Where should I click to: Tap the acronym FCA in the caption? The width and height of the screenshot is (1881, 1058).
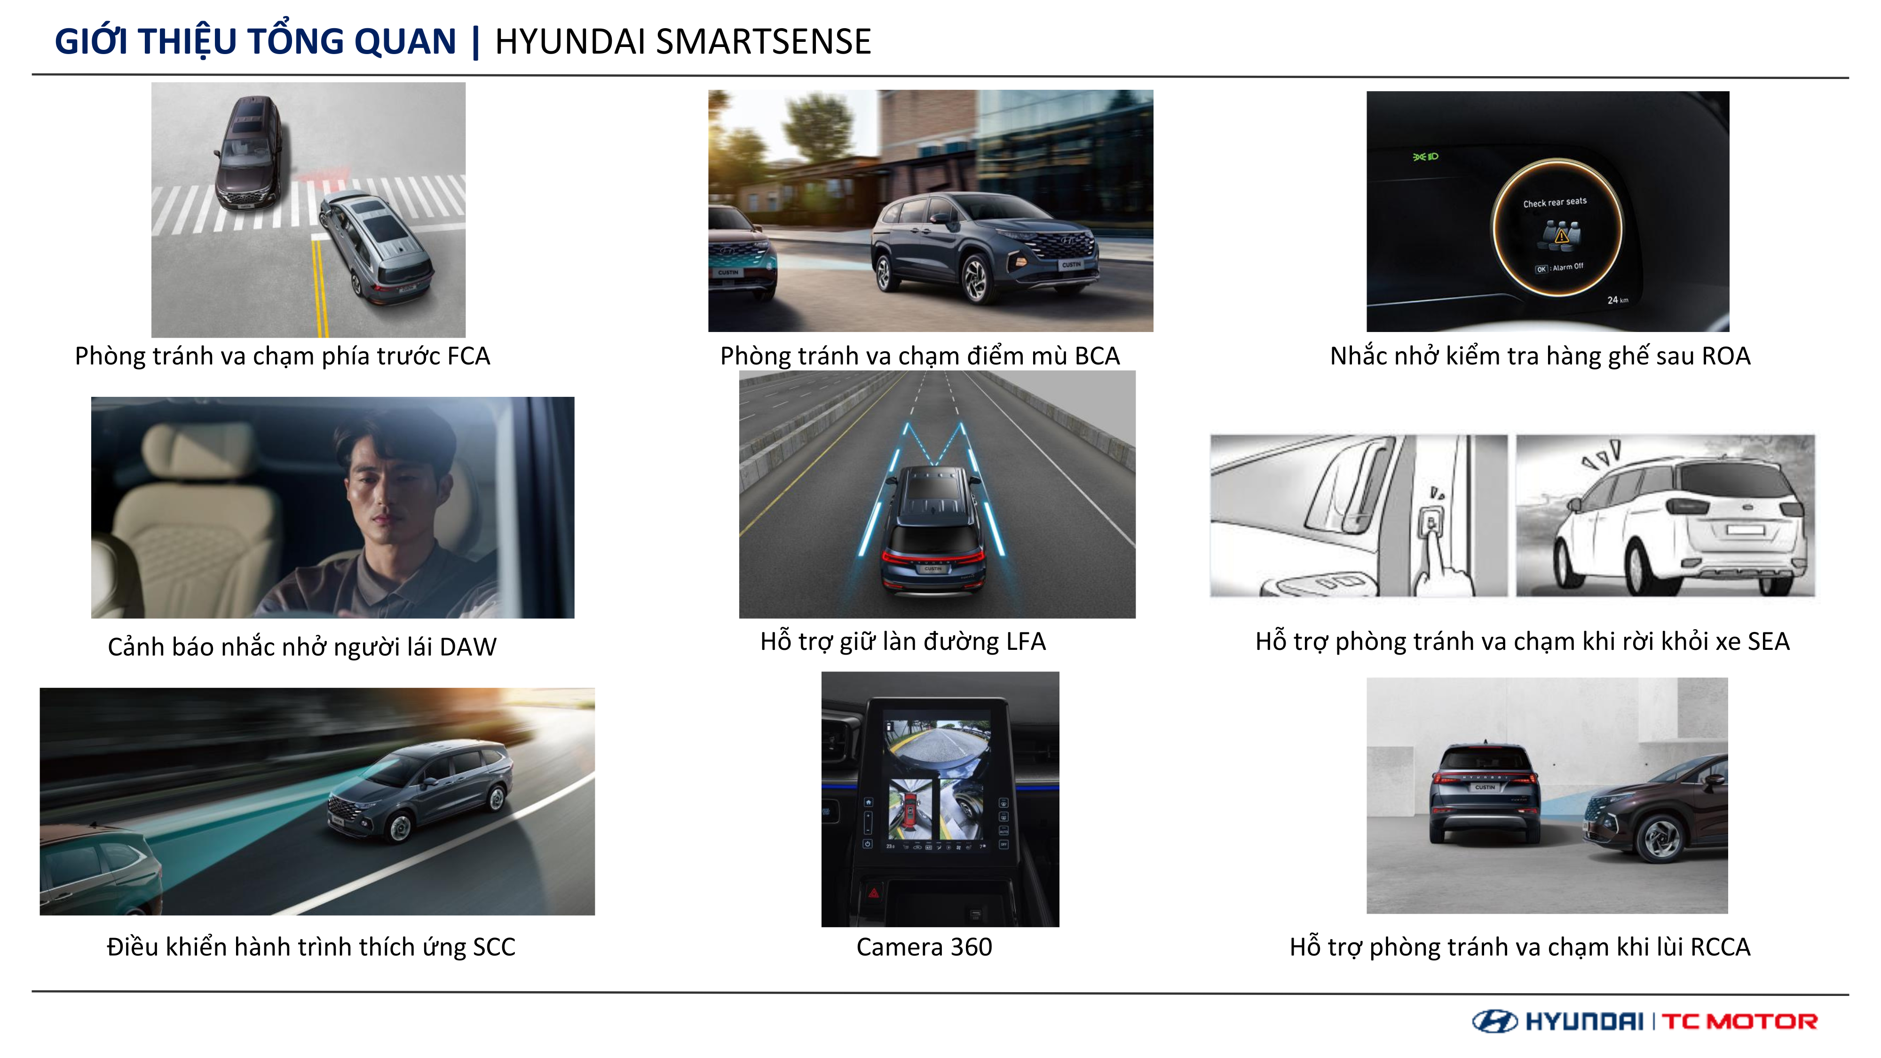(468, 356)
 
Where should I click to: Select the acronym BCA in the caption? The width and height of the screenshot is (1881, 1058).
(1097, 356)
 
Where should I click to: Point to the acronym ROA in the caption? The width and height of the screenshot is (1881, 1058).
(1725, 356)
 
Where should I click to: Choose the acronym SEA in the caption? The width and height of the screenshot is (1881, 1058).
(1768, 642)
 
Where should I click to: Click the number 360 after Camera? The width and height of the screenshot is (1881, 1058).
(971, 947)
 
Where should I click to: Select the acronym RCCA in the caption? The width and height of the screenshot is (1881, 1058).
(1720, 947)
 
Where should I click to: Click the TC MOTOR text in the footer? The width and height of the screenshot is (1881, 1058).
(1739, 1021)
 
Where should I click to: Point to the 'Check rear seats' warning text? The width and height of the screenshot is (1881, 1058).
(1555, 202)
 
